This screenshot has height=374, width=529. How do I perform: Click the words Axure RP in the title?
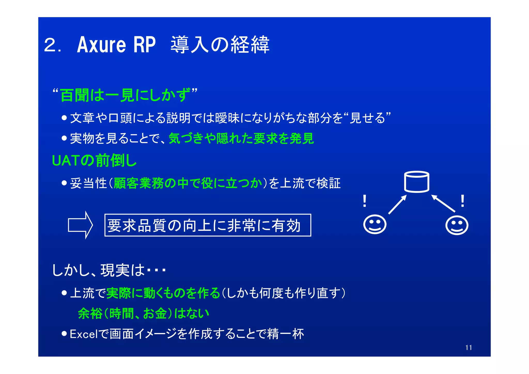116,45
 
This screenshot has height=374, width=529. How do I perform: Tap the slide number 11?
469,348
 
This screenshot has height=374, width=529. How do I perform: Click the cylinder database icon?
416,182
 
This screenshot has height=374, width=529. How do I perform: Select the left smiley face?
375,224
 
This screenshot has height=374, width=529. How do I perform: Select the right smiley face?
457,225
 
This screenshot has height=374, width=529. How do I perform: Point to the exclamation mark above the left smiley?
364,201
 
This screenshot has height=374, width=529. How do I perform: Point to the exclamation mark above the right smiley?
463,201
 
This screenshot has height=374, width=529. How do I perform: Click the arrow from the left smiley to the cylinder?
398,204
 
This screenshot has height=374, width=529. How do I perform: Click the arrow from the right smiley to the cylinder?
443,204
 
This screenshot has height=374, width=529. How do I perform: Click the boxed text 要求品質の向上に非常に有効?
207,225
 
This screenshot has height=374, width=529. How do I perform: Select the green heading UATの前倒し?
94,161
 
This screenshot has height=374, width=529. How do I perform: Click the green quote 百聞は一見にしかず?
125,95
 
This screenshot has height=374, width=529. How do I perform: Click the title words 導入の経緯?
220,45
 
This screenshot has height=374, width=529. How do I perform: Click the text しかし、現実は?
98,270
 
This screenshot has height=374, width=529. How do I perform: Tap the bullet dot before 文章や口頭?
64,118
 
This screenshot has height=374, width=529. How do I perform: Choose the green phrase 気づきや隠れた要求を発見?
241,138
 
